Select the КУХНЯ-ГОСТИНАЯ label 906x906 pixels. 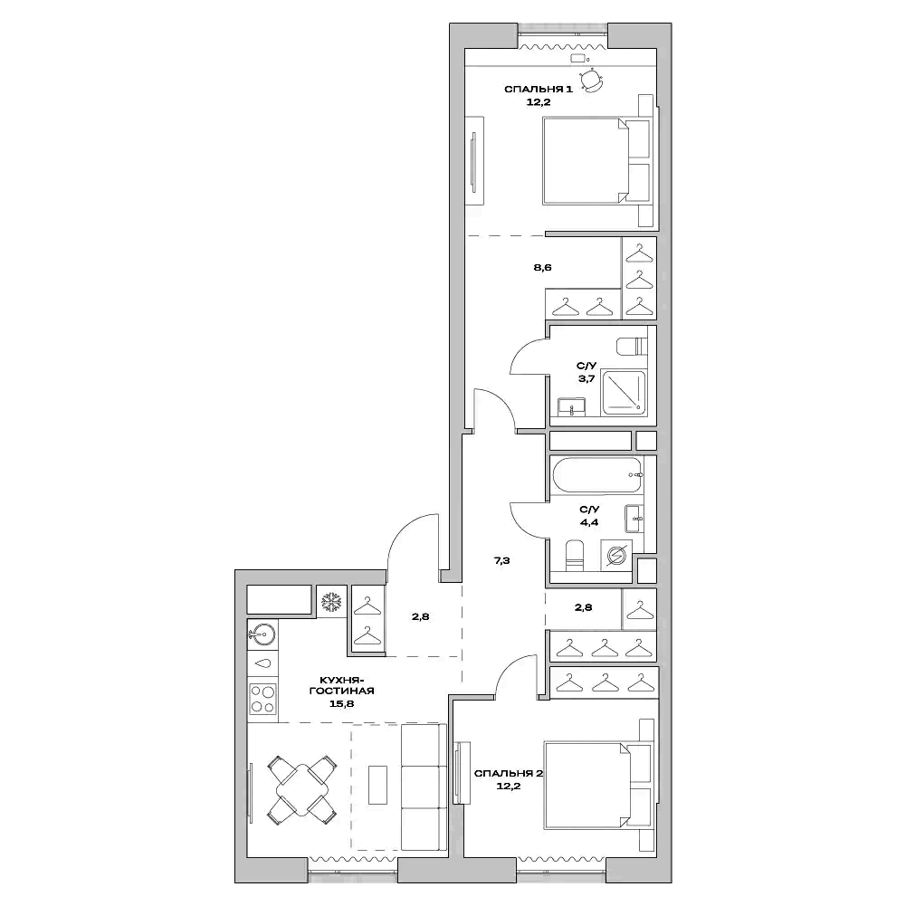coord(340,683)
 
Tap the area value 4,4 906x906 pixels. coord(588,521)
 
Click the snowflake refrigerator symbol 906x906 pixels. coord(330,601)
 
